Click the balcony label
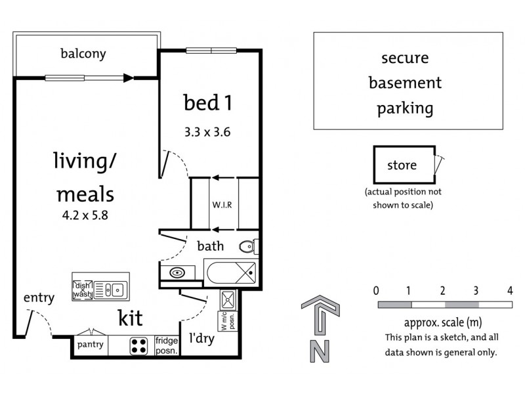pyautogui.click(x=83, y=54)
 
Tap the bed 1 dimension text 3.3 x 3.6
pyautogui.click(x=207, y=132)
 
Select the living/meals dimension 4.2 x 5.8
pyautogui.click(x=85, y=215)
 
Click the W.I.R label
pyautogui.click(x=222, y=204)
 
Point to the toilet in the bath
pyautogui.click(x=249, y=247)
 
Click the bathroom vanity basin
pyautogui.click(x=177, y=273)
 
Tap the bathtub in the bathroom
pyautogui.click(x=232, y=273)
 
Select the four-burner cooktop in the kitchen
pyautogui.click(x=138, y=346)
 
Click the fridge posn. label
pyautogui.click(x=167, y=346)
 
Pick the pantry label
pyautogui.click(x=91, y=345)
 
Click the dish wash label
pyautogui.click(x=83, y=290)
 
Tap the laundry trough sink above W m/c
pyautogui.click(x=228, y=299)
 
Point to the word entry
pyautogui.click(x=39, y=298)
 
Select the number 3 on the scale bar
pyautogui.click(x=476, y=291)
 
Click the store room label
pyautogui.click(x=402, y=165)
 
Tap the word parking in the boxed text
pyautogui.click(x=405, y=108)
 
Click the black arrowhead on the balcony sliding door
pyautogui.click(x=128, y=78)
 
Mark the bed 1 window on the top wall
pyautogui.click(x=211, y=51)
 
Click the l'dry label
pyautogui.click(x=201, y=338)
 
